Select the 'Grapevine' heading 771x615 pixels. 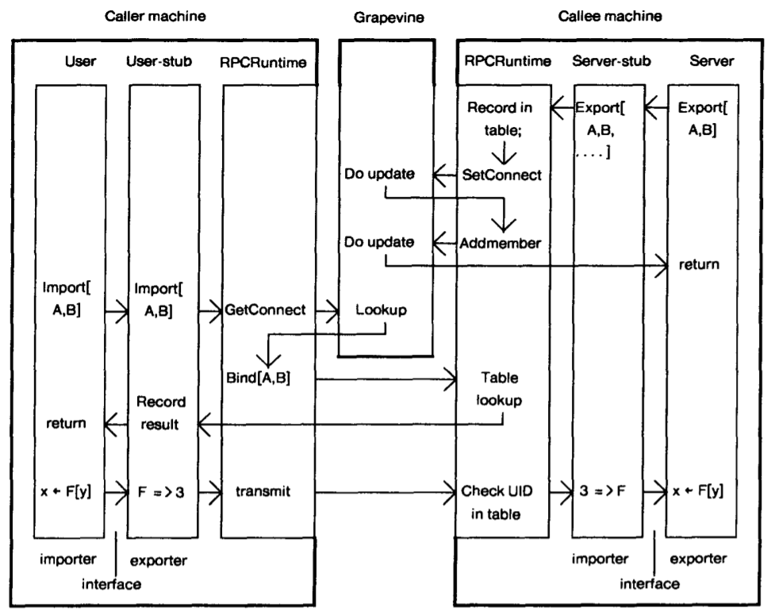pyautogui.click(x=385, y=15)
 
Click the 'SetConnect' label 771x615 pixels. pyautogui.click(x=502, y=174)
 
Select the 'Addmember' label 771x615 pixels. pyautogui.click(x=501, y=242)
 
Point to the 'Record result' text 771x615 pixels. pyautogui.click(x=159, y=413)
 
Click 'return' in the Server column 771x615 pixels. pyautogui.click(x=700, y=264)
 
